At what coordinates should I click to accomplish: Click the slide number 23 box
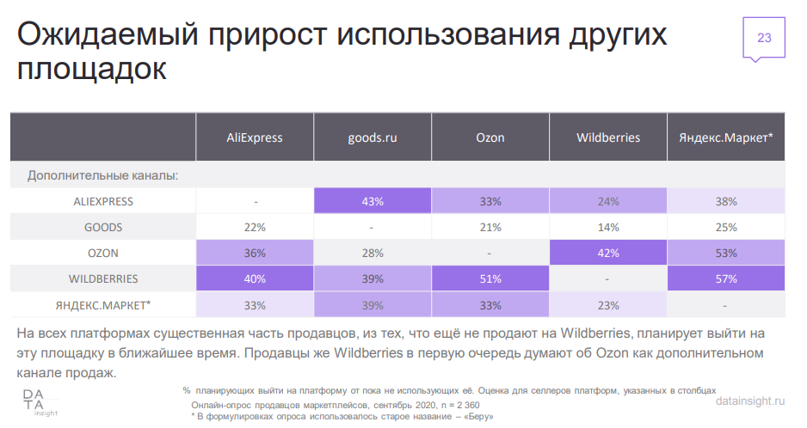point(763,37)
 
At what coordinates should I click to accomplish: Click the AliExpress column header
point(254,137)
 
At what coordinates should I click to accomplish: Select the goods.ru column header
point(372,137)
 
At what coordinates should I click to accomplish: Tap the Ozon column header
point(490,137)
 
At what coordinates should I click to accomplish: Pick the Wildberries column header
point(607,137)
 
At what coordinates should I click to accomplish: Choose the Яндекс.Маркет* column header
point(725,137)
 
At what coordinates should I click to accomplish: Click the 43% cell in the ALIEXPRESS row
point(372,202)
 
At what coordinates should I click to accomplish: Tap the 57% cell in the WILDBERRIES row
point(725,279)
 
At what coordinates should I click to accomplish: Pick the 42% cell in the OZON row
point(607,254)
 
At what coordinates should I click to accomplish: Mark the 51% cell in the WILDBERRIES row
point(490,279)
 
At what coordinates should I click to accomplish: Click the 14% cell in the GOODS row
point(607,228)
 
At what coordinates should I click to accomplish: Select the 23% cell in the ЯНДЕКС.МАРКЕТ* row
point(607,305)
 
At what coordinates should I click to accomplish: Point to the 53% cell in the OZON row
point(725,254)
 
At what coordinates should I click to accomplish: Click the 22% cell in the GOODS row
point(254,228)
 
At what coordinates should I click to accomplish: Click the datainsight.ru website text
point(750,402)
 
